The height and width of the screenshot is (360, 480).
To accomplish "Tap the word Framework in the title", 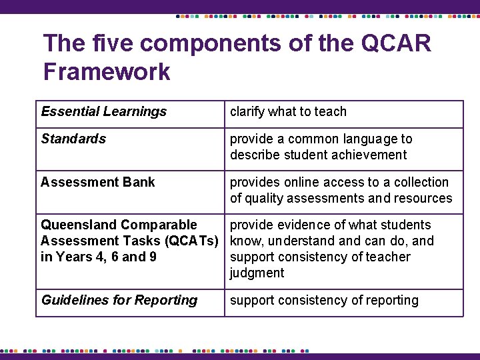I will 107,71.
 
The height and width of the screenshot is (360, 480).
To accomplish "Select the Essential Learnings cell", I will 104,112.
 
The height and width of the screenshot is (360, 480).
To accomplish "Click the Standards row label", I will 73,139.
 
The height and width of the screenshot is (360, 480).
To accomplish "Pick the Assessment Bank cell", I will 97,182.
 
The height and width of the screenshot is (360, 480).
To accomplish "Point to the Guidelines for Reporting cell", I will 119,300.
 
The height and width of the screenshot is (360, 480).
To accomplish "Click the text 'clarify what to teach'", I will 288,112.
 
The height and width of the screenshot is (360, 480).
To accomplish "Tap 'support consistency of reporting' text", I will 324,300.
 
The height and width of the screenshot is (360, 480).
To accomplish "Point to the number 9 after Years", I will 153,257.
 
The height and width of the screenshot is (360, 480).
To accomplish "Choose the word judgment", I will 257,273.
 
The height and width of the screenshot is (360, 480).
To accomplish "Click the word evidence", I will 295,225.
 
